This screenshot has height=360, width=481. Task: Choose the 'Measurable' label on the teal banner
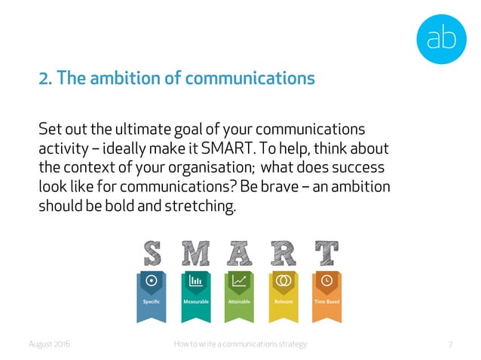[x=196, y=301]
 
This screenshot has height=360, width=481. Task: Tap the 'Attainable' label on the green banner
[x=240, y=301]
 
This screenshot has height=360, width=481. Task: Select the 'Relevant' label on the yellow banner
[x=283, y=301]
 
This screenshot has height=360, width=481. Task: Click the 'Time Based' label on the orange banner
[x=327, y=301]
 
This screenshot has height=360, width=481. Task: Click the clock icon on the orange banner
[x=327, y=280]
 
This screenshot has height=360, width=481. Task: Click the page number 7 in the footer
[x=450, y=344]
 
